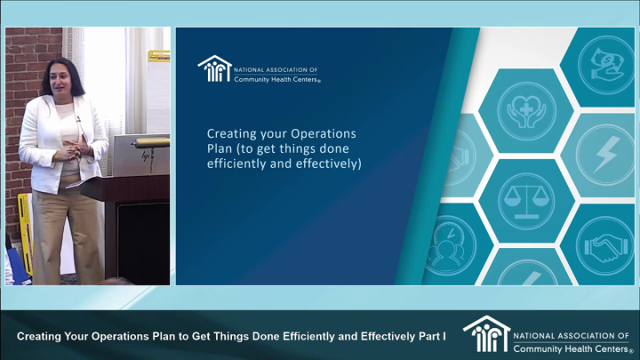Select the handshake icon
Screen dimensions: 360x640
(x=606, y=248)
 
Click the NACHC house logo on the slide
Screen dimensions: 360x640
(x=213, y=69)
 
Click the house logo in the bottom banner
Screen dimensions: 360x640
(x=485, y=334)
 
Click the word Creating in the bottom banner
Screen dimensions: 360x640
(x=42, y=337)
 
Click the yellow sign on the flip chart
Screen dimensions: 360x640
(x=159, y=56)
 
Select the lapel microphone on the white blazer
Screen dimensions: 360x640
(x=78, y=116)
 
